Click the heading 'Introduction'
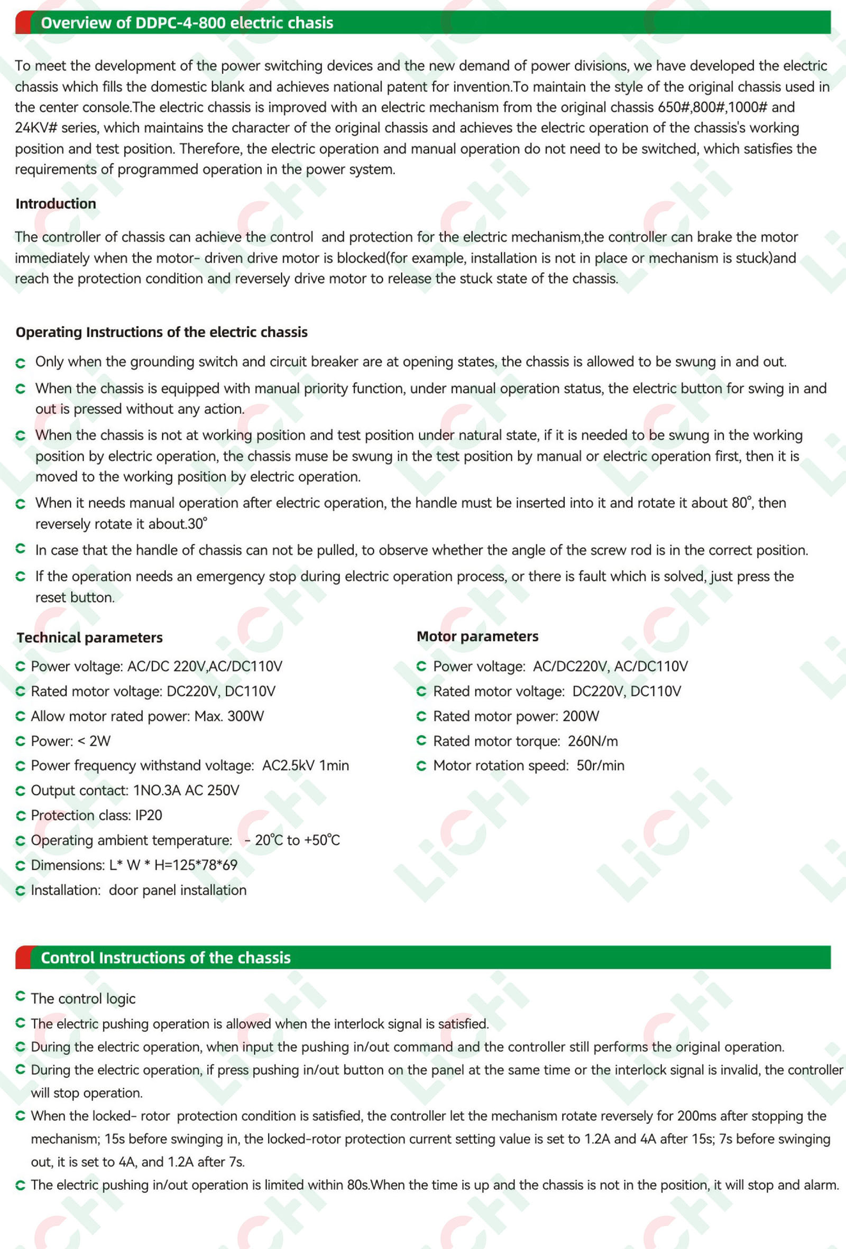56,203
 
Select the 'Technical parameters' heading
90,637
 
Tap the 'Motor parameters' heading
477,636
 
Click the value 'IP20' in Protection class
149,815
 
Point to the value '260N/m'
593,741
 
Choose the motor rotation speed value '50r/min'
600,765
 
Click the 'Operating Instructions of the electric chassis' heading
161,332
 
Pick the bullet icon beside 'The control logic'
21,997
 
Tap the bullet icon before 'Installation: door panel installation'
21,891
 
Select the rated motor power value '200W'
581,716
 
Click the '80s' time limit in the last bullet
357,1185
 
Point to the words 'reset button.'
75,597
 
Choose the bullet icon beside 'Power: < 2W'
21,741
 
